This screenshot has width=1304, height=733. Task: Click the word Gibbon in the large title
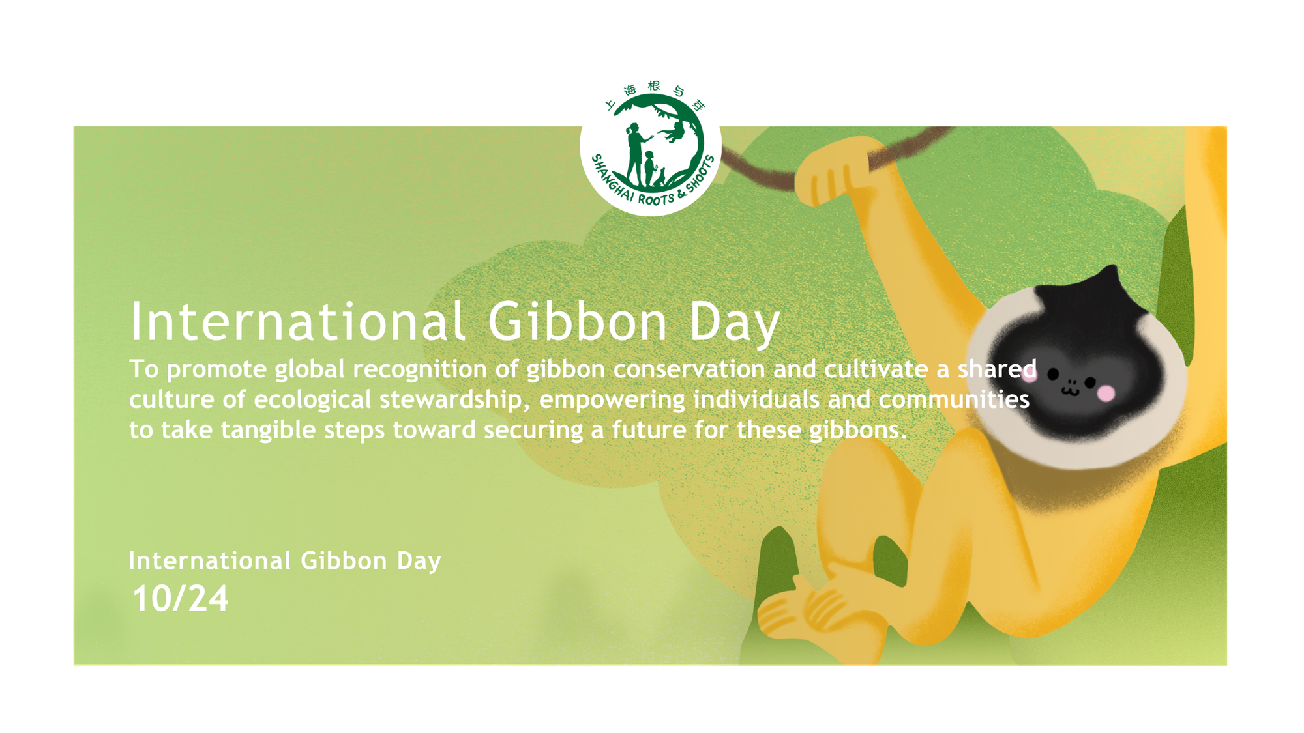click(578, 321)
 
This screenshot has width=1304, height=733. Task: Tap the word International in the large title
click(298, 321)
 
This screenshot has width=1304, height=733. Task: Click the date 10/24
click(181, 599)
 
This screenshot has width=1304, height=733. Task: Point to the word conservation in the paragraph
click(689, 369)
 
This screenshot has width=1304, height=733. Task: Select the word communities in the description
click(954, 399)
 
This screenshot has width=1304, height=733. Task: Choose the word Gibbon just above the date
click(344, 561)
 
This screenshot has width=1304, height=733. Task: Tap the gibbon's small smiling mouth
click(1070, 390)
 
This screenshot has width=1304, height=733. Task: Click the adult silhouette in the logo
click(635, 154)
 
